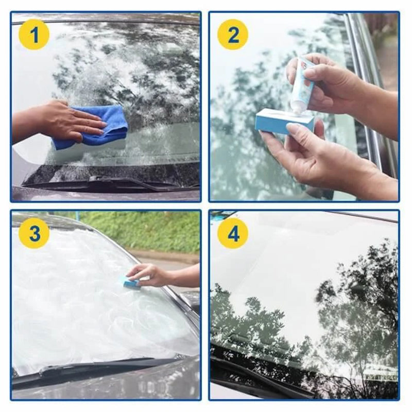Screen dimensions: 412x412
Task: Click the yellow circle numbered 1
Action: [34, 36]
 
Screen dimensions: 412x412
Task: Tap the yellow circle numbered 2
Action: [233, 36]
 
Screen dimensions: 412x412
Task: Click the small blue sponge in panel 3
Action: [129, 282]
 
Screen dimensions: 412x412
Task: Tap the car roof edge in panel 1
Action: [103, 18]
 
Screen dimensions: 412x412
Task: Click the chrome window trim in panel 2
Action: [368, 93]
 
